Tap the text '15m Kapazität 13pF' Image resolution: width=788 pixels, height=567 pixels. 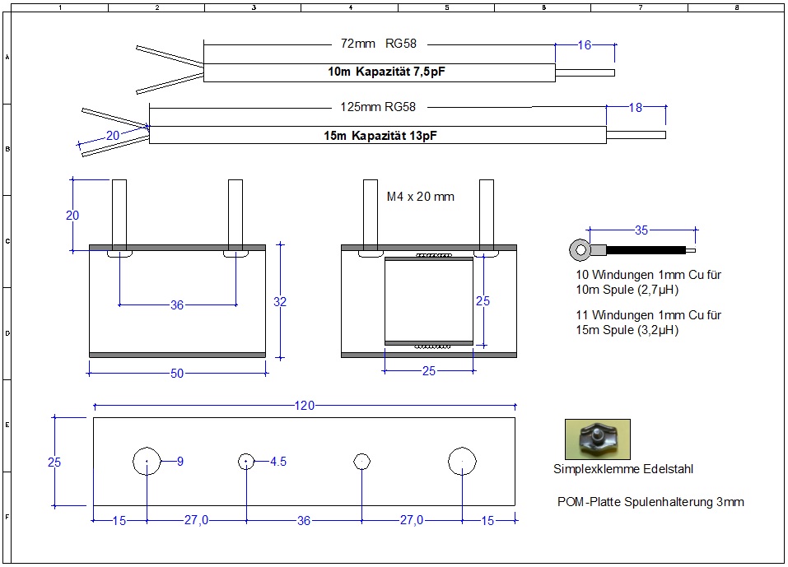[x=380, y=135]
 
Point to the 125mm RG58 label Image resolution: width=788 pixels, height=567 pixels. [x=378, y=106]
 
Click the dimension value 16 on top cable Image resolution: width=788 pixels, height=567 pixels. [x=584, y=45]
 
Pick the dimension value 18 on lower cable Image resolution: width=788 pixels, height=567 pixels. [x=635, y=107]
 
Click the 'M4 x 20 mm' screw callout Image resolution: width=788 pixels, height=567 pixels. [x=420, y=197]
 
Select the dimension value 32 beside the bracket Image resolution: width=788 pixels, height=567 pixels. [x=280, y=302]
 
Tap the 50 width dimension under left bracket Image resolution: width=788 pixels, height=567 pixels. [x=177, y=374]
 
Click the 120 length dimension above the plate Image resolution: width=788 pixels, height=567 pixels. [x=305, y=406]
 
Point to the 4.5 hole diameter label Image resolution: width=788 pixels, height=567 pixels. [x=278, y=462]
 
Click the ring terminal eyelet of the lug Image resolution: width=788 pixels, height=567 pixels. [x=580, y=248]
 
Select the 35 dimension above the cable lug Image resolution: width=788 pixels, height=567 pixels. [x=641, y=230]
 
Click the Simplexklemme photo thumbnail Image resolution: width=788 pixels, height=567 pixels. [x=597, y=439]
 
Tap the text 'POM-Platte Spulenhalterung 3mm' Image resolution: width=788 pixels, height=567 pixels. [x=650, y=501]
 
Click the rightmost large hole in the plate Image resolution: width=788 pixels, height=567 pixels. [x=462, y=462]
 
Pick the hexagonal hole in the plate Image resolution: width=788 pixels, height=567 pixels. [x=361, y=462]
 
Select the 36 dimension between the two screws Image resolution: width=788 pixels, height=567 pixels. [x=177, y=305]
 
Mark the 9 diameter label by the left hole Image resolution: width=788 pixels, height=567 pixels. [x=180, y=462]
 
